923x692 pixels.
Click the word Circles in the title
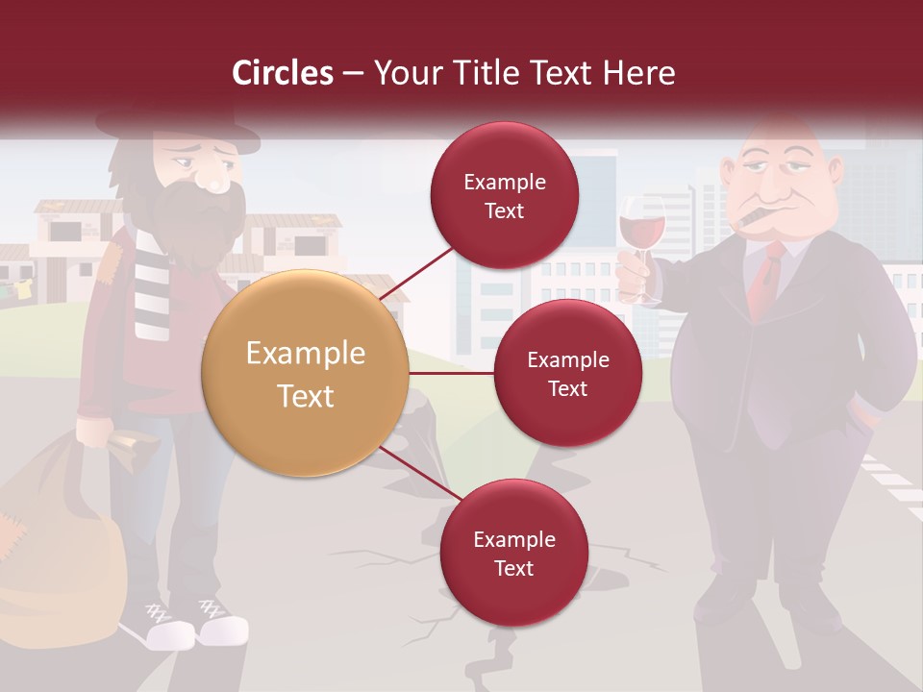282,73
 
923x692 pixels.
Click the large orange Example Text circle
305,374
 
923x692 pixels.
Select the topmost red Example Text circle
504,195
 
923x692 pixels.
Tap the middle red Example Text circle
567,373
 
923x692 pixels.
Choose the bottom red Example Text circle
513,553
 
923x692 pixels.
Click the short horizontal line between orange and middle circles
452,373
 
